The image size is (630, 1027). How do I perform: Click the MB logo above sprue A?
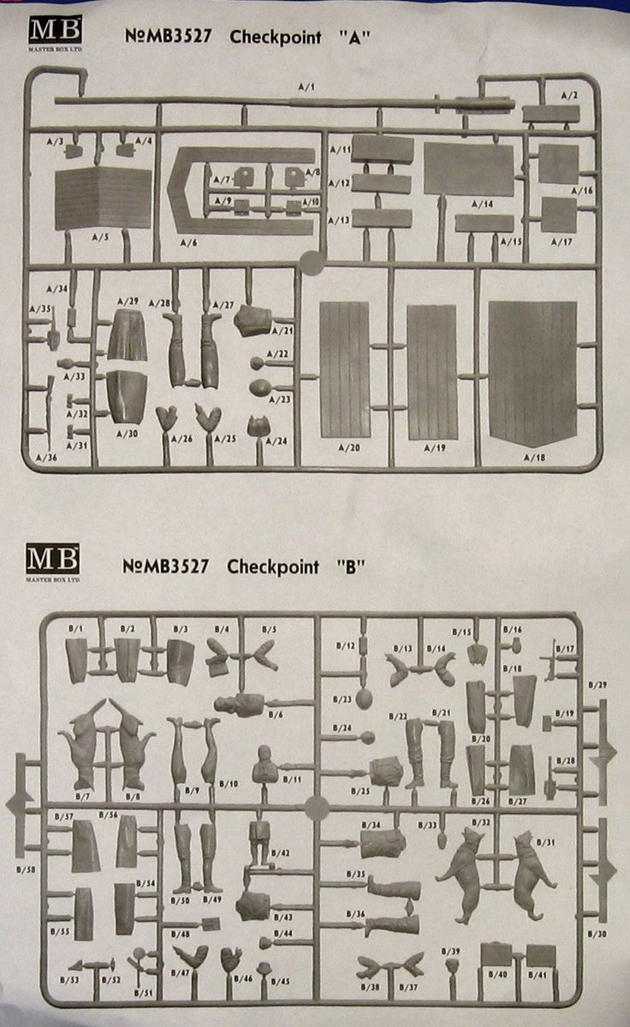[x=55, y=33]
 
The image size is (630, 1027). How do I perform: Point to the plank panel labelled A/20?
[x=344, y=368]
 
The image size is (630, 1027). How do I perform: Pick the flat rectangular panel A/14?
[x=468, y=169]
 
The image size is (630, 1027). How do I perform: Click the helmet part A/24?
[x=256, y=425]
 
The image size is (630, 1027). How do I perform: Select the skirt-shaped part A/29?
[x=128, y=335]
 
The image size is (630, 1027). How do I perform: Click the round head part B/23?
[x=365, y=699]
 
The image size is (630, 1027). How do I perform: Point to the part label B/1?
[x=75, y=630]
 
